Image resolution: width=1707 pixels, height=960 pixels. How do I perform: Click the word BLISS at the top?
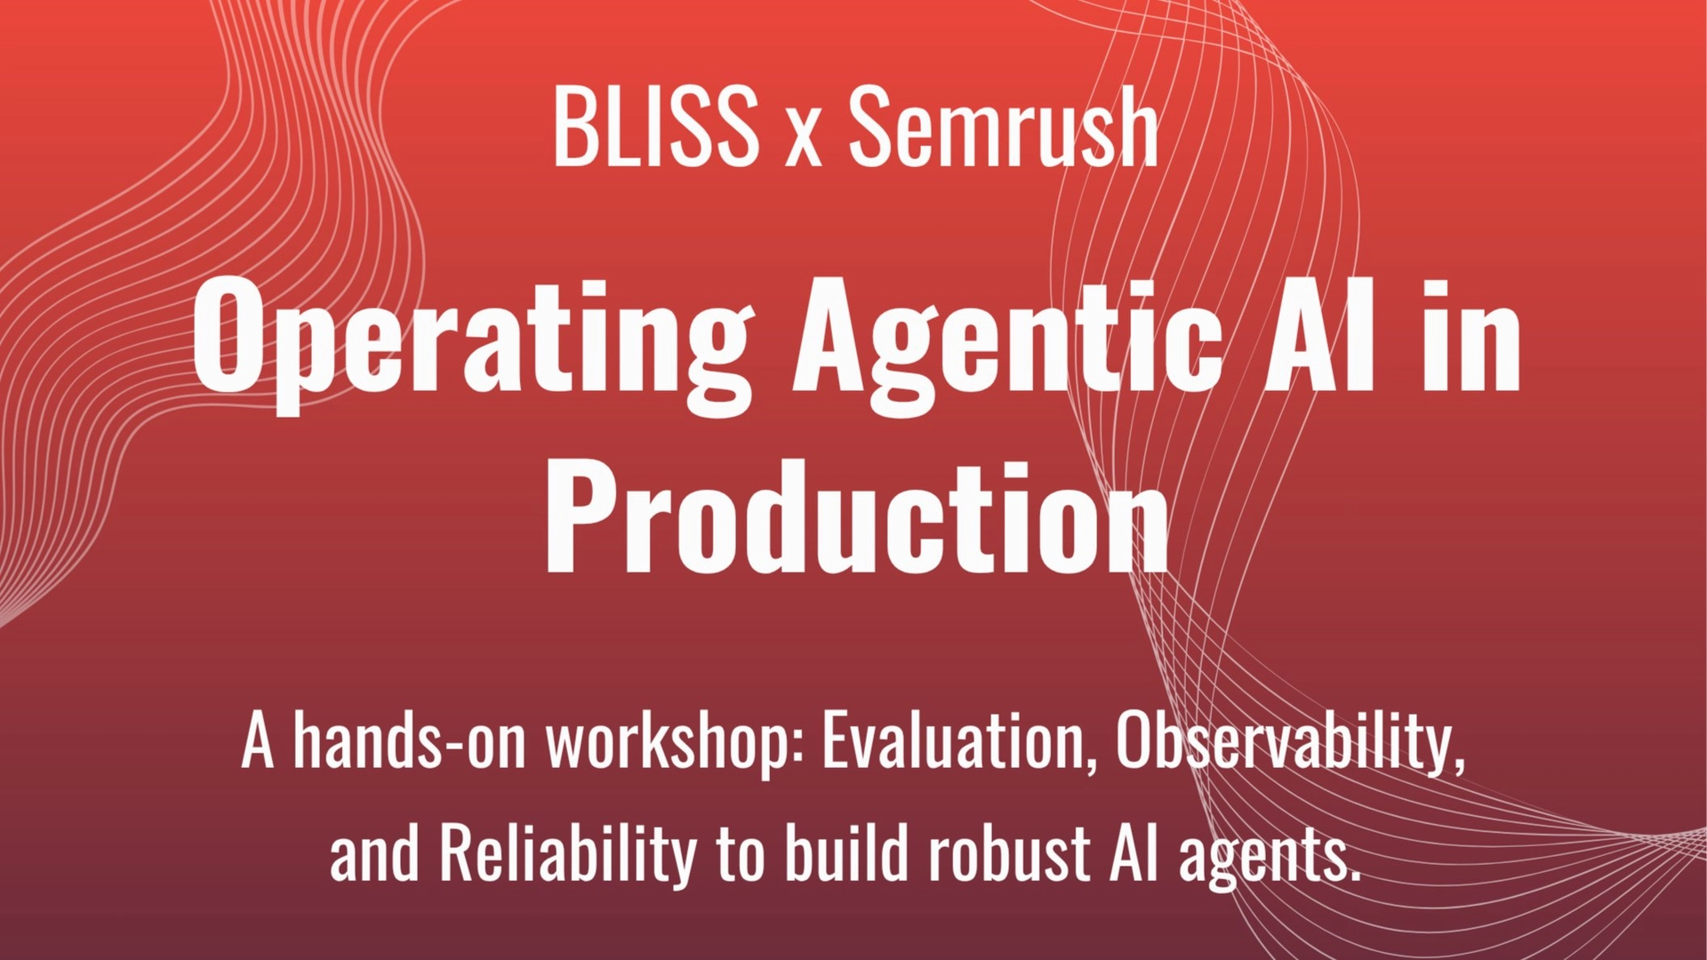pos(655,127)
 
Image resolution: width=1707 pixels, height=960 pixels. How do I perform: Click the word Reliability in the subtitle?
pos(568,853)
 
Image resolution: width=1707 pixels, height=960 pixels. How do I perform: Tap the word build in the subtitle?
pos(848,852)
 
